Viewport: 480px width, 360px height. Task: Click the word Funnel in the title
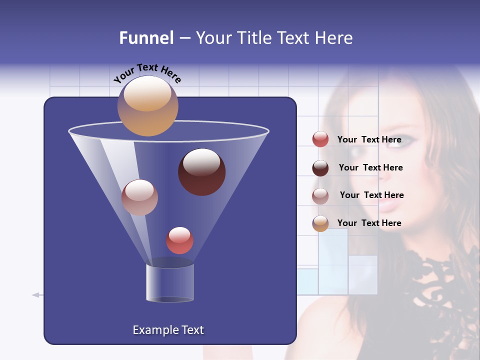click(x=146, y=38)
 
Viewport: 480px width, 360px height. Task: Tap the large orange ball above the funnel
click(x=147, y=105)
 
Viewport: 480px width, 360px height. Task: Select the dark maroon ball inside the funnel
click(x=201, y=172)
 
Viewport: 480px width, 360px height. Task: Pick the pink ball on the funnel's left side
click(x=139, y=197)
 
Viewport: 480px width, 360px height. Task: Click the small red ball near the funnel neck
click(x=179, y=240)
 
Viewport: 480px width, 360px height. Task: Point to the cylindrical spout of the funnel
click(x=169, y=282)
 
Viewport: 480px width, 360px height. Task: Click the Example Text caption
click(x=168, y=330)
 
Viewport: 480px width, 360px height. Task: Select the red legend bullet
click(x=320, y=139)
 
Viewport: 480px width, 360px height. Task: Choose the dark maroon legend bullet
click(x=320, y=168)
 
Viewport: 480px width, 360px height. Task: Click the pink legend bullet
click(x=320, y=196)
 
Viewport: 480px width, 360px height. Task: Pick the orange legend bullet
click(x=320, y=223)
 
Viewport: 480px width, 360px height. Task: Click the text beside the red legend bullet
click(x=369, y=139)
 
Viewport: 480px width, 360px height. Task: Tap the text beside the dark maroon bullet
click(x=370, y=167)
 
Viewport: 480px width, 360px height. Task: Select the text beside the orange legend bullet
click(x=369, y=223)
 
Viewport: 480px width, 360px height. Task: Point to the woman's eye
click(x=405, y=140)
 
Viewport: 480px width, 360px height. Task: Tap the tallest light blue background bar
click(x=333, y=261)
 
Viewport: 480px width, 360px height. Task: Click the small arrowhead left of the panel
click(x=35, y=295)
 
